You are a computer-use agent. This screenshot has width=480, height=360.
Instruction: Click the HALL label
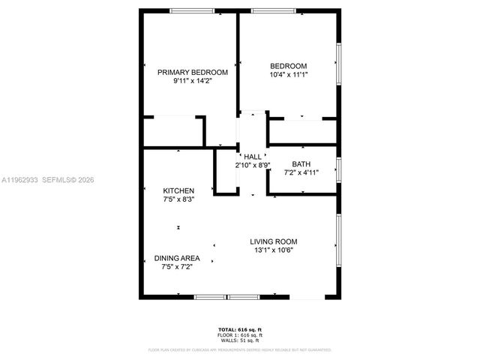(x=253, y=156)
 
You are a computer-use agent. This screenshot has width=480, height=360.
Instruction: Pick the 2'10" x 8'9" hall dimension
(x=253, y=165)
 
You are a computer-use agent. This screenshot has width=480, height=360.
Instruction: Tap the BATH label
(x=301, y=163)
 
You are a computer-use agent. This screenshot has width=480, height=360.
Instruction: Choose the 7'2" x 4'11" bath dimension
(x=301, y=172)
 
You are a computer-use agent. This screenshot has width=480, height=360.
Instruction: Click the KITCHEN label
(x=179, y=190)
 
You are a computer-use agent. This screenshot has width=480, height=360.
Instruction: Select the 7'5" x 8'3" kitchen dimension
(x=179, y=199)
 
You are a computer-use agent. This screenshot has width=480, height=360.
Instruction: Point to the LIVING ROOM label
(x=274, y=241)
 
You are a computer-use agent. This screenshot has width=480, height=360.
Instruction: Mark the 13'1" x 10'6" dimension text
(x=274, y=250)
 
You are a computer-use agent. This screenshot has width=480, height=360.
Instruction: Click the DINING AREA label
(x=176, y=258)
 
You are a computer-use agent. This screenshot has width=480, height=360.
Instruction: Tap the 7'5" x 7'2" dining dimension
(x=176, y=267)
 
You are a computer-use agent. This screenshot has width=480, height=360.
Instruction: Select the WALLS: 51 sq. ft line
(x=240, y=340)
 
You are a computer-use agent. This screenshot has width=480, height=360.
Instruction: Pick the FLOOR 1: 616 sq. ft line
(x=240, y=335)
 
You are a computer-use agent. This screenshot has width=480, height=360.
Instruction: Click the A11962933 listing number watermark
(x=18, y=180)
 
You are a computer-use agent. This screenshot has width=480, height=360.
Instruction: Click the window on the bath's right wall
(x=339, y=169)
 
